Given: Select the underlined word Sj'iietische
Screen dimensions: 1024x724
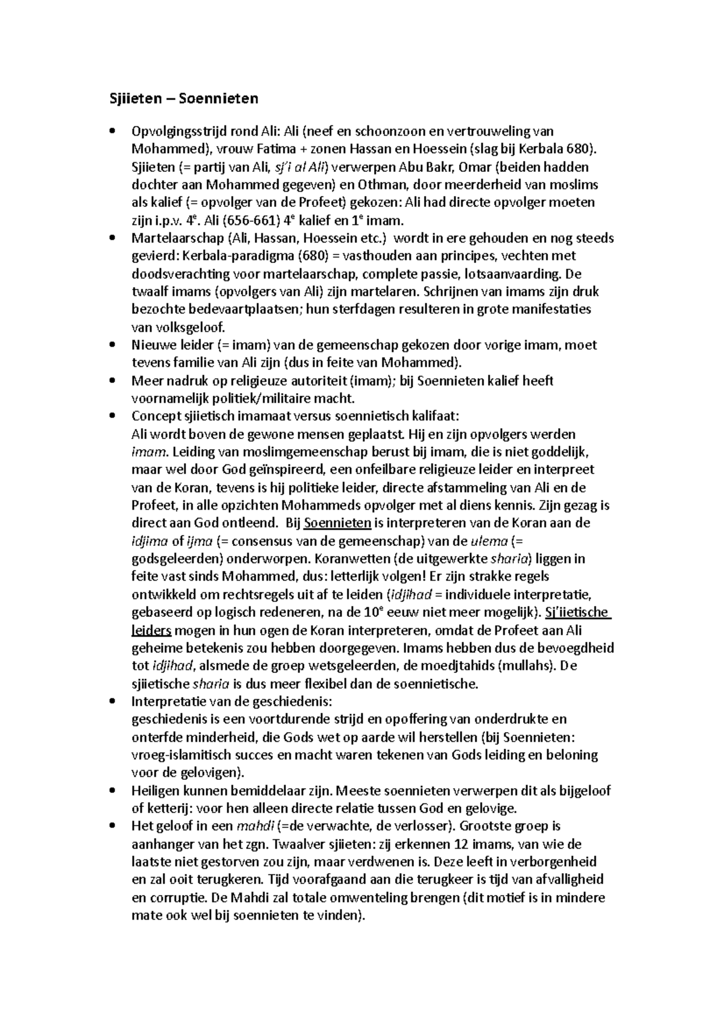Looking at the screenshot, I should click(578, 613).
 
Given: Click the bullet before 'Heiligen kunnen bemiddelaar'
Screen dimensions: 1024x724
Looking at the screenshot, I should click(112, 791).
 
